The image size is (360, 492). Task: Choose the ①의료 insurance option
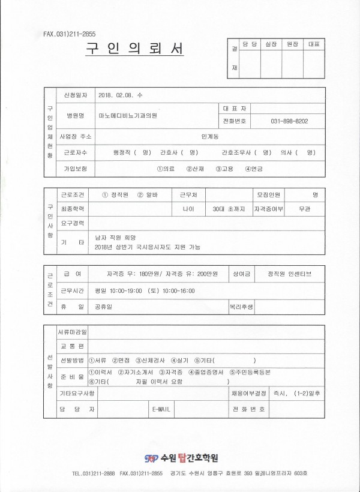[x=165, y=169]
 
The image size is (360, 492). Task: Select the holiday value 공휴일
[x=104, y=305]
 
